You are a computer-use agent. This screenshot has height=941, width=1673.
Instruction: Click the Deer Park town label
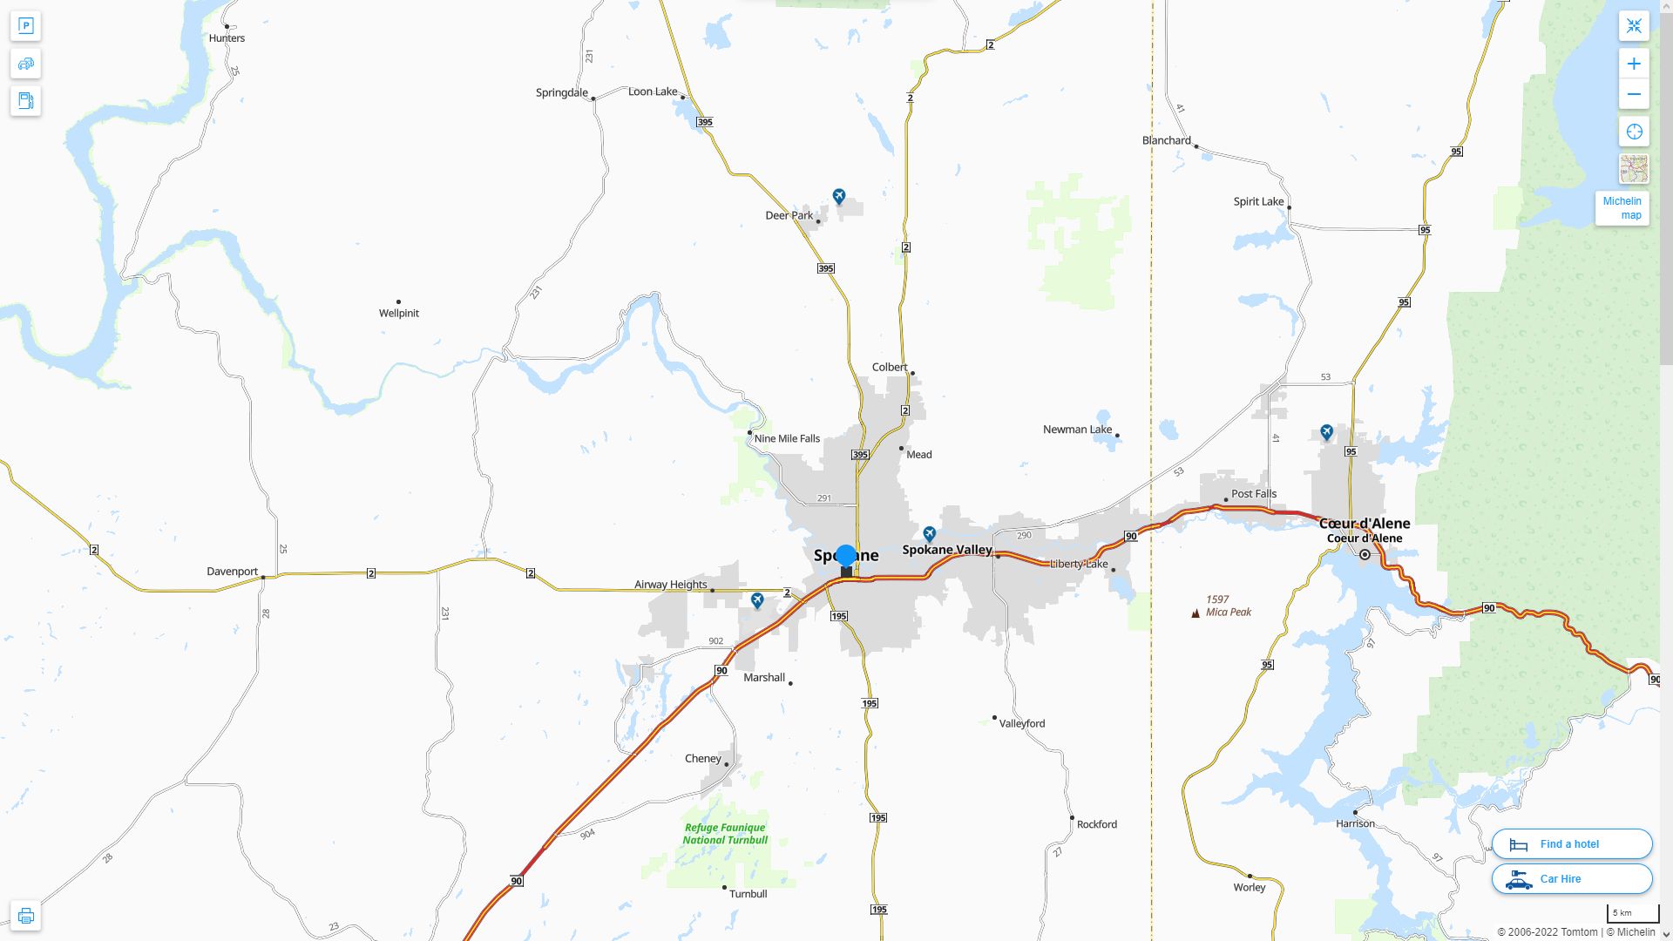tap(789, 215)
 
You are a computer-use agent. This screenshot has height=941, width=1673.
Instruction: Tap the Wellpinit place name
tap(399, 313)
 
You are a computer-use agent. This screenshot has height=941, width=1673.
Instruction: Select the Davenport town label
tap(232, 572)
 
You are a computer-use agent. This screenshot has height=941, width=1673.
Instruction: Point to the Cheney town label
tap(702, 758)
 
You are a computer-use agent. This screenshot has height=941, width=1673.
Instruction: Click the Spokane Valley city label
tap(946, 550)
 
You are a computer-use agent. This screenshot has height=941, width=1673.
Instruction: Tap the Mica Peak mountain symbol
tap(1195, 613)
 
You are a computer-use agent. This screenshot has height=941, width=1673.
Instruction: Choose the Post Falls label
tap(1253, 493)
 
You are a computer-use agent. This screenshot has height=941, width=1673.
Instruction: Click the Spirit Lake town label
tap(1258, 201)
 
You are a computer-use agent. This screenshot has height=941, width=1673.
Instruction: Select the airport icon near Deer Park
tap(838, 196)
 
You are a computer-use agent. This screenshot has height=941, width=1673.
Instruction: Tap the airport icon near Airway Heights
tap(757, 600)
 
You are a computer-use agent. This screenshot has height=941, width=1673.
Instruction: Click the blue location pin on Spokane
tap(845, 556)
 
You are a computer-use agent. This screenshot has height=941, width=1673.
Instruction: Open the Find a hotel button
tap(1571, 843)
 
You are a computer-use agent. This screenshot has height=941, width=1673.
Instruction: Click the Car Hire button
tap(1571, 878)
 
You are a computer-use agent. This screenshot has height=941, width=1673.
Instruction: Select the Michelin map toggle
tap(1622, 208)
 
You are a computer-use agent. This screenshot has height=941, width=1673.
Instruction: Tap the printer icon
tap(25, 916)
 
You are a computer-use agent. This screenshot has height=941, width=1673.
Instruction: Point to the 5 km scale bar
tap(1632, 914)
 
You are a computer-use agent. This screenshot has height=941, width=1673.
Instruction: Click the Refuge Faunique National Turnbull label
tap(725, 834)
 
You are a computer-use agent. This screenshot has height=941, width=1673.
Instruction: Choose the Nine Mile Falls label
tap(787, 438)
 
